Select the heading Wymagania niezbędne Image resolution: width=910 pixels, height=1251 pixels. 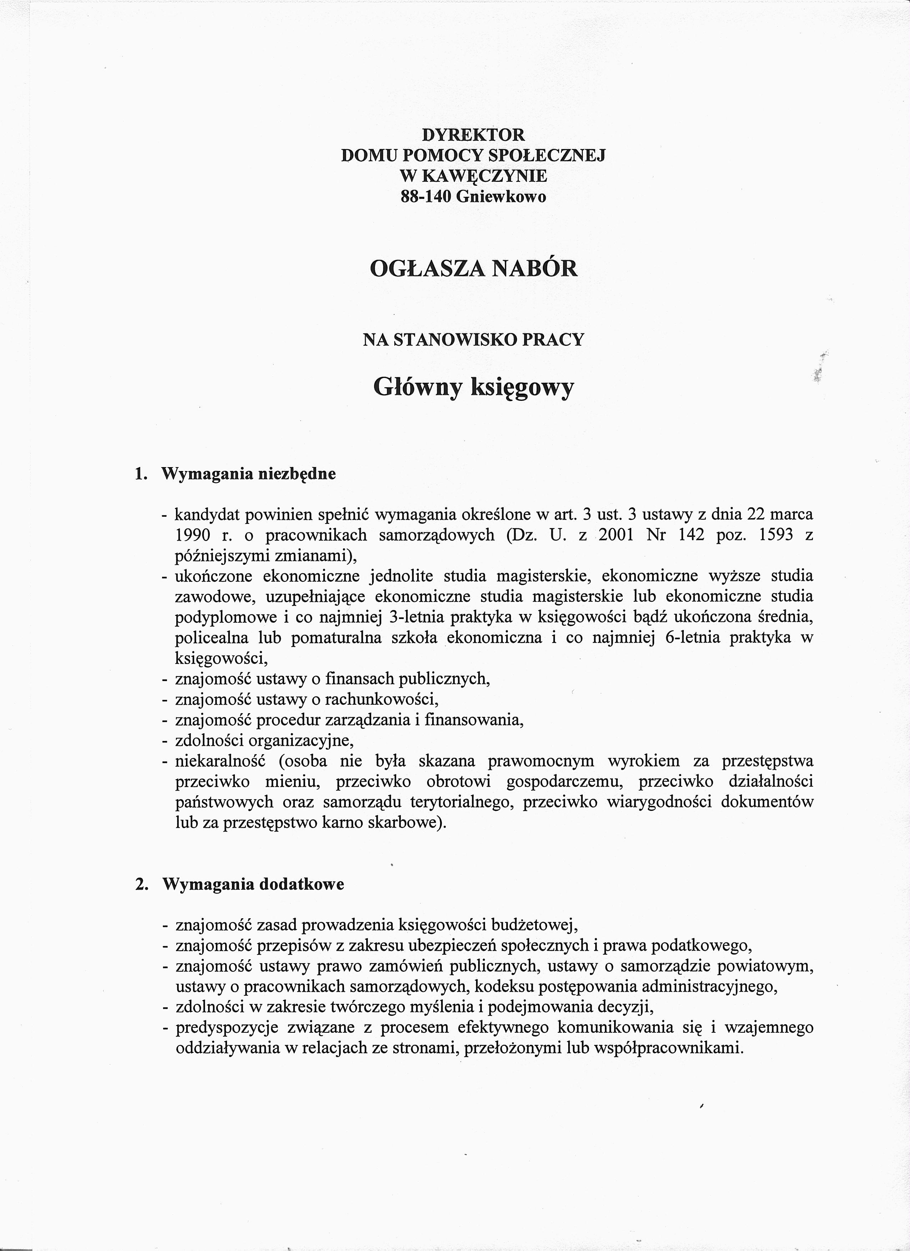tap(248, 474)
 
